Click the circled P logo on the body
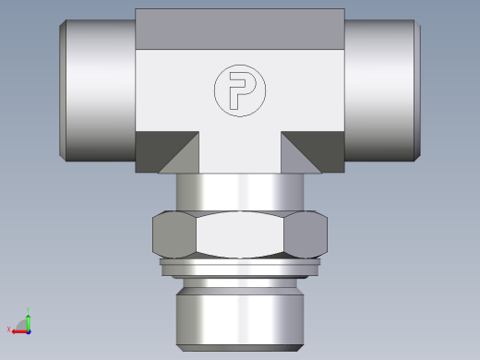[237, 91]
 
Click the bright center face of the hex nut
[240, 235]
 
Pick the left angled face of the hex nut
[173, 235]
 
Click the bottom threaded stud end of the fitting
[239, 314]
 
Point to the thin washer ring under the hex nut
[239, 269]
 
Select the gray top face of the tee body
[239, 29]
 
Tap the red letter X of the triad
[9, 330]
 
